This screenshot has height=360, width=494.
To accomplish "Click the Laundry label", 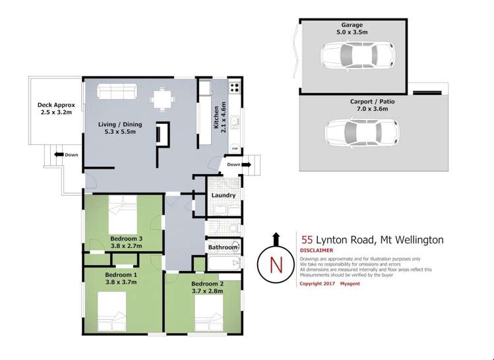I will [x=224, y=195].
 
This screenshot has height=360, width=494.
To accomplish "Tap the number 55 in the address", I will [x=306, y=241].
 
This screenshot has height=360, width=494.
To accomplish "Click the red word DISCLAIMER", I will [x=317, y=251].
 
